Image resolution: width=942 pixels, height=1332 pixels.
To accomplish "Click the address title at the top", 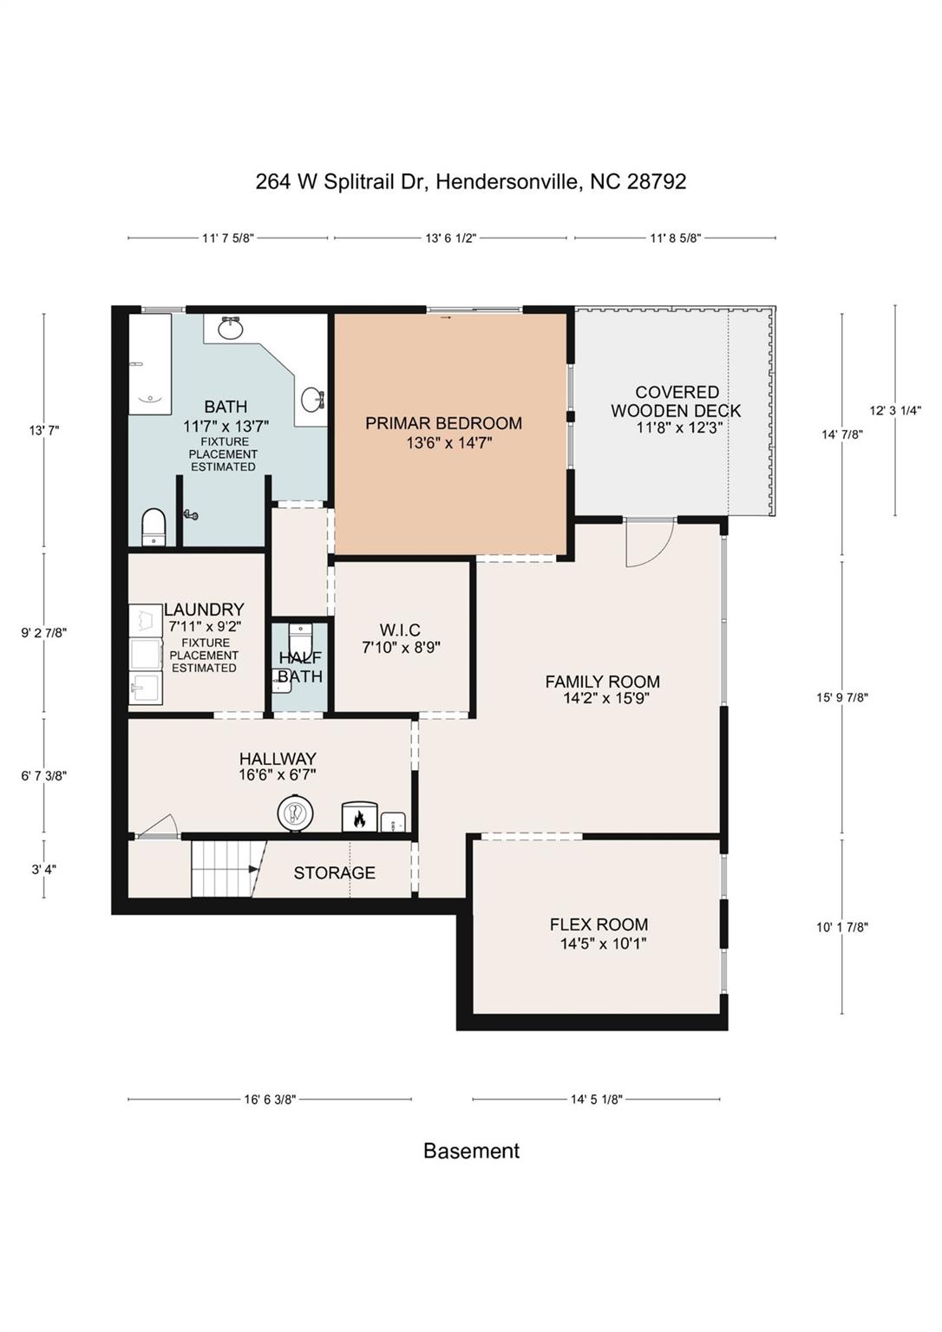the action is click(471, 181).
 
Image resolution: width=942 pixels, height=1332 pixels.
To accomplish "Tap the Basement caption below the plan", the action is click(472, 1151).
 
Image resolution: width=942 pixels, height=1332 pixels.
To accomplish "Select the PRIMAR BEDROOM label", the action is click(443, 423).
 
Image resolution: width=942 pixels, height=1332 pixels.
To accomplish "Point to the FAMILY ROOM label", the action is click(603, 682).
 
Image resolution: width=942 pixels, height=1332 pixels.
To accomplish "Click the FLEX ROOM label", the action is click(599, 924).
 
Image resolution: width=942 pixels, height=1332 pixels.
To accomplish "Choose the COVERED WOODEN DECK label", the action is click(677, 402).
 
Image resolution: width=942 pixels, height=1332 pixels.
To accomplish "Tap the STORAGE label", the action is click(334, 873).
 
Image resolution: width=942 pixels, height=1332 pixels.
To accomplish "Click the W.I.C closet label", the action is click(400, 630).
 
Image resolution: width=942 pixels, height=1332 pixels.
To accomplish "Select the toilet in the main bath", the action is click(154, 526).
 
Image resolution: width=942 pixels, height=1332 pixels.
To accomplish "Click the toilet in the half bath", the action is click(300, 638).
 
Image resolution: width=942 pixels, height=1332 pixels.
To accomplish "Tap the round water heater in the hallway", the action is click(296, 813).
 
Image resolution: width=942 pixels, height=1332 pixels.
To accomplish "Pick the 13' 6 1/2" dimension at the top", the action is click(451, 238).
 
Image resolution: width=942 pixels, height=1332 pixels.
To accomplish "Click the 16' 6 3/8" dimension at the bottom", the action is click(270, 1100).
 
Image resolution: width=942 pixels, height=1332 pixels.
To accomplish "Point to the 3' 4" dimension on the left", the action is click(43, 870).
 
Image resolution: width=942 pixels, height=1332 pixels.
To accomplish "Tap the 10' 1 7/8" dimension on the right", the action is click(841, 927).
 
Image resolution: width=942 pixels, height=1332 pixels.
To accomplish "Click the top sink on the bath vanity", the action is click(230, 328).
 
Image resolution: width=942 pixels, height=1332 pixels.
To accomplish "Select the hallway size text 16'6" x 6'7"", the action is click(277, 774).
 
